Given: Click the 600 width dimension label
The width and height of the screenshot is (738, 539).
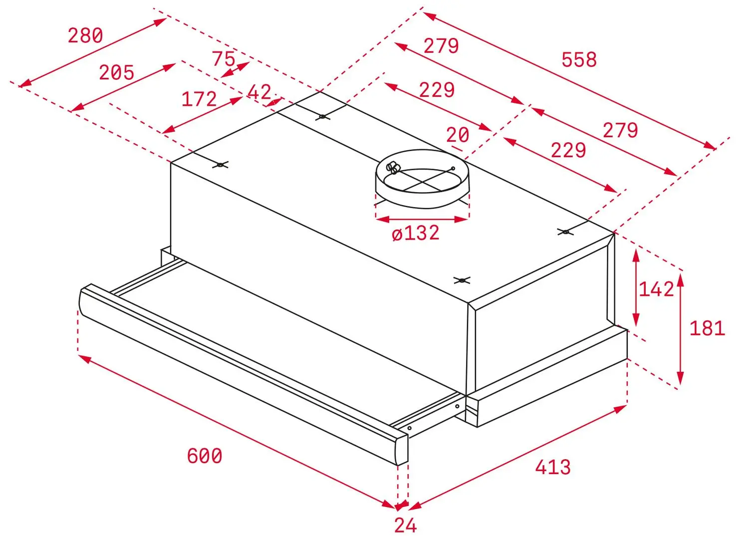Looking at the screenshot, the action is (x=204, y=456).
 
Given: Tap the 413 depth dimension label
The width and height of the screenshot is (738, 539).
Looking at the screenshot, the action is (x=552, y=467).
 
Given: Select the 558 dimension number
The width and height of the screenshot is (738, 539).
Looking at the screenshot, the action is (x=579, y=59).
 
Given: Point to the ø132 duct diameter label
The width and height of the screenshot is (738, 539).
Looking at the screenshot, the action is (x=416, y=233).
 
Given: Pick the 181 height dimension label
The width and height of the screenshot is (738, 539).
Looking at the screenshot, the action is (x=708, y=328).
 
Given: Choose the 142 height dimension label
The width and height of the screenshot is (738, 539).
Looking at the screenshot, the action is (x=656, y=289).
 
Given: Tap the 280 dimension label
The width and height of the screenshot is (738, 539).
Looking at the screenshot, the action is (x=85, y=35).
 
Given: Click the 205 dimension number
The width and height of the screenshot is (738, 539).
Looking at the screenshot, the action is (x=117, y=72).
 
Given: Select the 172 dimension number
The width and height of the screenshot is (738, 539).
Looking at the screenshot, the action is (x=199, y=99).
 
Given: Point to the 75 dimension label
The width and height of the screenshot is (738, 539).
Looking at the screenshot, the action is (x=224, y=59).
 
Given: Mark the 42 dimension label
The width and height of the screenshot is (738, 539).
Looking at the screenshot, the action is (x=259, y=92).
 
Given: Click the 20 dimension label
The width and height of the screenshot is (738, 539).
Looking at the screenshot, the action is (x=458, y=135).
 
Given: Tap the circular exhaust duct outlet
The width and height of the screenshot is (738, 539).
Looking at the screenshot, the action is (x=423, y=179).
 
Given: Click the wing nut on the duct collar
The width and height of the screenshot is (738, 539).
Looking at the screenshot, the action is (x=393, y=167).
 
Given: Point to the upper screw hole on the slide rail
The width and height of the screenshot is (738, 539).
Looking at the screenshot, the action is (x=457, y=407).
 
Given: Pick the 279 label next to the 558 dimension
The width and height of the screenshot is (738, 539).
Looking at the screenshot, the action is (x=441, y=46).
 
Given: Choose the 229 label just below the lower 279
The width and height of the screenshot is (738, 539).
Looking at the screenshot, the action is (x=568, y=150).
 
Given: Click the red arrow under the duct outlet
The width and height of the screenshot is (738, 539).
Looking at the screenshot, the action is (x=422, y=219).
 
